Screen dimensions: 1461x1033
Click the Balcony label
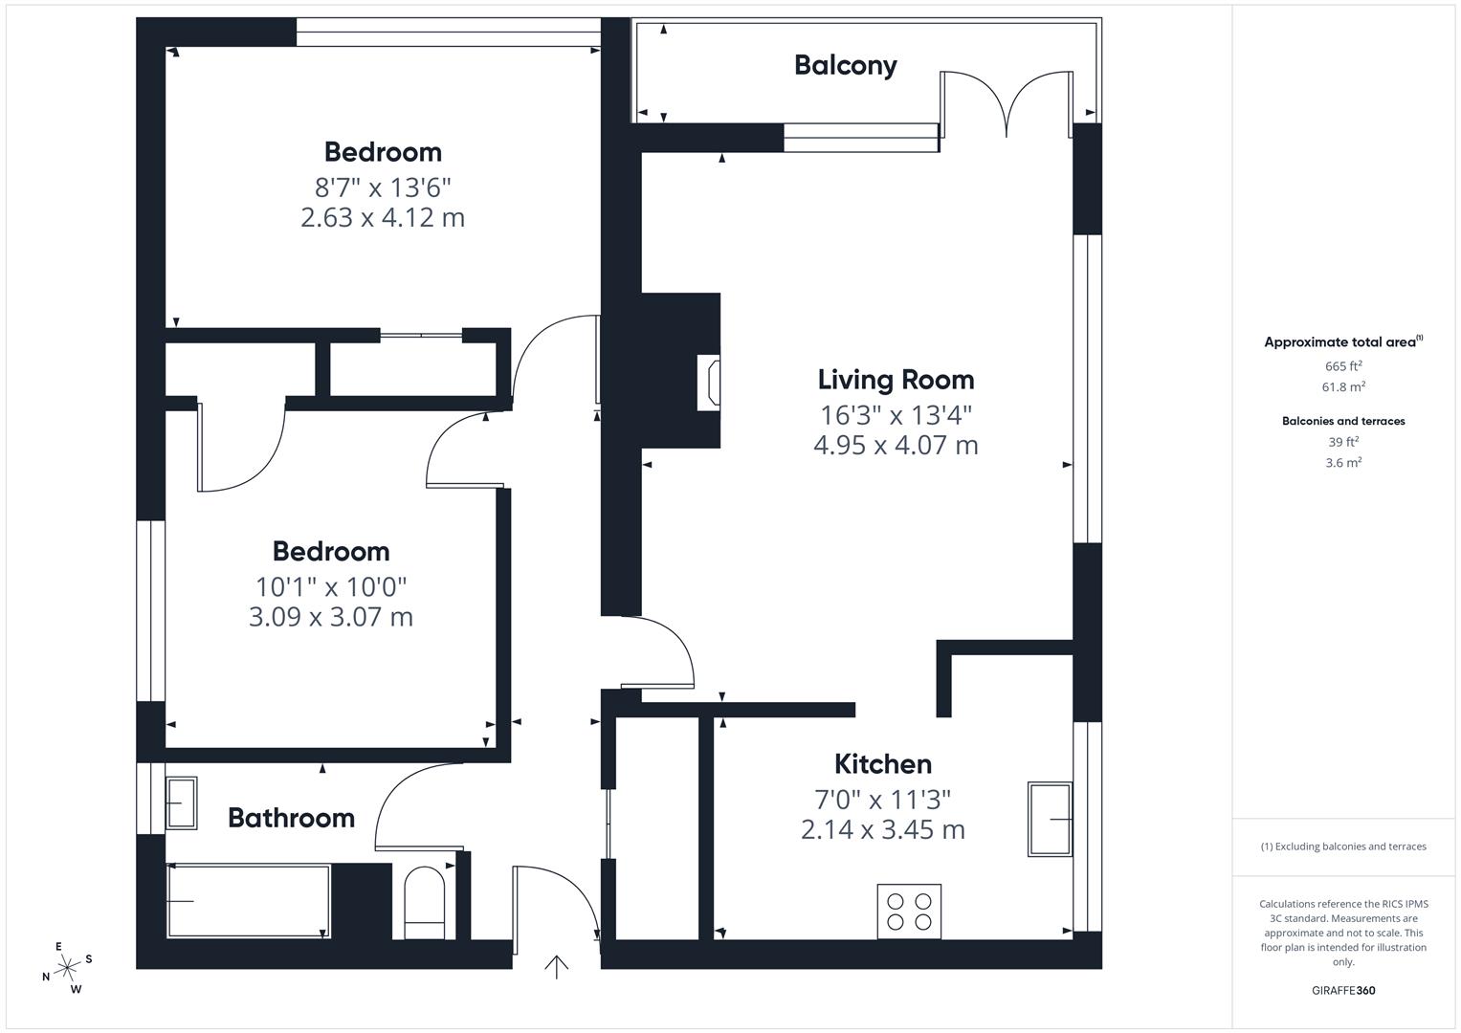pyautogui.click(x=845, y=65)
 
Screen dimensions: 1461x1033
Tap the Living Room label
pyautogui.click(x=897, y=380)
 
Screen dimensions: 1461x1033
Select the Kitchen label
pyautogui.click(x=883, y=763)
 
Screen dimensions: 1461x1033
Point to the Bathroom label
pyautogui.click(x=291, y=818)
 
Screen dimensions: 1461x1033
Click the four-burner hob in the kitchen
pyautogui.click(x=909, y=911)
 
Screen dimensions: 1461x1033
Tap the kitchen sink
pyautogui.click(x=1050, y=819)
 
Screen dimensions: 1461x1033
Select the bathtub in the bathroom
pyautogui.click(x=249, y=901)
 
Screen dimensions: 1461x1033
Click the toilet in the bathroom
pyautogui.click(x=425, y=903)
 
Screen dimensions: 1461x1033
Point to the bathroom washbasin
pyautogui.click(x=182, y=802)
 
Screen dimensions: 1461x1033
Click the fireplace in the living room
pyautogui.click(x=708, y=383)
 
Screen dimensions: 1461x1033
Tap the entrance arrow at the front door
pyautogui.click(x=556, y=967)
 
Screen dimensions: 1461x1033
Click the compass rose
pyautogui.click(x=67, y=968)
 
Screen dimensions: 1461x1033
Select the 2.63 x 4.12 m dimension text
pyautogui.click(x=383, y=217)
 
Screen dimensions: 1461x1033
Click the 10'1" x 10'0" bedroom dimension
pyautogui.click(x=331, y=587)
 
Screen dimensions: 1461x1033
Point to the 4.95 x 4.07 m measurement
pyautogui.click(x=897, y=445)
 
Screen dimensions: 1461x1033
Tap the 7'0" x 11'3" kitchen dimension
pyautogui.click(x=883, y=799)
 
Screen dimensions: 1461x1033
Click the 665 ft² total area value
pyautogui.click(x=1343, y=365)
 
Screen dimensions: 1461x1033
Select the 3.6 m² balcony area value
pyautogui.click(x=1343, y=462)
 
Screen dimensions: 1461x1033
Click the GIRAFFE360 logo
pyautogui.click(x=1343, y=990)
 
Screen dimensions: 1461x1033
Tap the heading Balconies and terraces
pyautogui.click(x=1343, y=421)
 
